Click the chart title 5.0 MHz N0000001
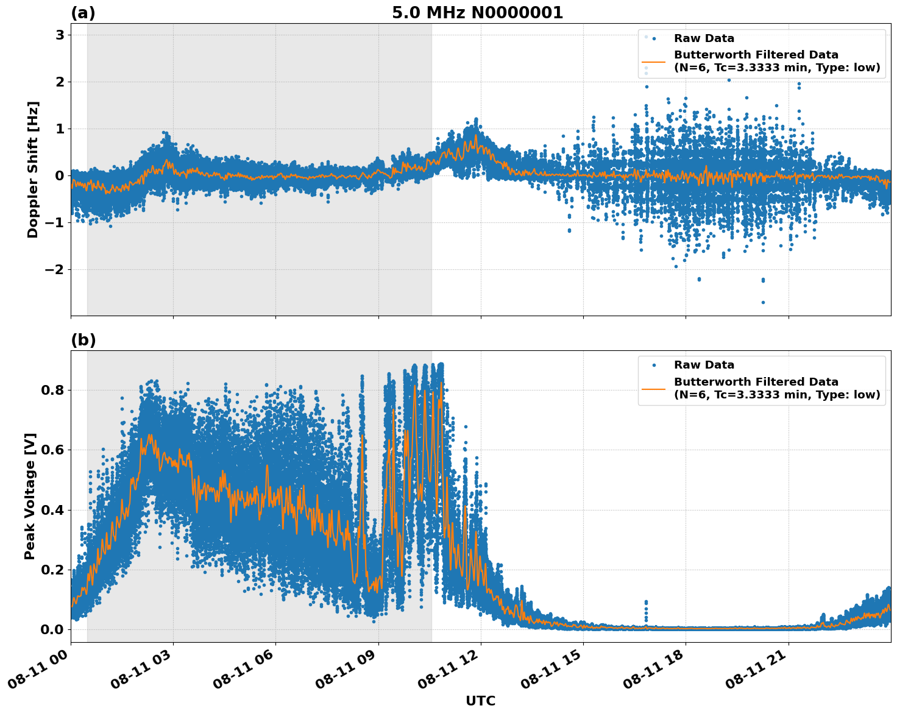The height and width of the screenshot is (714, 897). pos(477,13)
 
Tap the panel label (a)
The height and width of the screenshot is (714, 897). pos(83,13)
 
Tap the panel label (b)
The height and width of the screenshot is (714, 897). pos(83,340)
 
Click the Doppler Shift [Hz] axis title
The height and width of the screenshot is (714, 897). pos(33,169)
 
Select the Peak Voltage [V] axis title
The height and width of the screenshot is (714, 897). pos(30,496)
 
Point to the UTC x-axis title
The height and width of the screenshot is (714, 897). pos(480,701)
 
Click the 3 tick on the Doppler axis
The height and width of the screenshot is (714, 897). pos(60,35)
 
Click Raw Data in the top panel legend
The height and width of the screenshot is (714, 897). pos(704,38)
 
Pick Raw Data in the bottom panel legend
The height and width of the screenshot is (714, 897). pos(704,365)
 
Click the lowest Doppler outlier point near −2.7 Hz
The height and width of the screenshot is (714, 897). pos(763,302)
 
